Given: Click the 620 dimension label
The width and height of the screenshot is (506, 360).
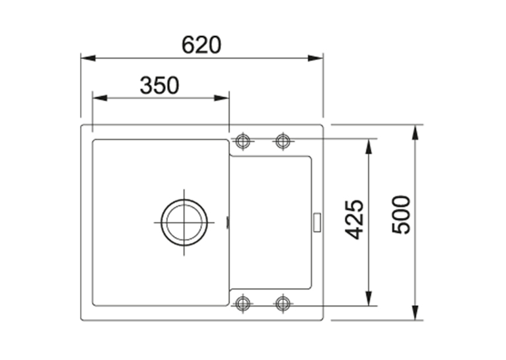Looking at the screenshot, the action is click(201, 45).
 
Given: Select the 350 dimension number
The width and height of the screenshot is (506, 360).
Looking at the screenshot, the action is click(159, 85).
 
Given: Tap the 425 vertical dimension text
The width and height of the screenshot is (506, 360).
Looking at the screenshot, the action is click(354, 220).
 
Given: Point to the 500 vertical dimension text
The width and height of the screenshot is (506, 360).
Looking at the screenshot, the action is click(401, 214).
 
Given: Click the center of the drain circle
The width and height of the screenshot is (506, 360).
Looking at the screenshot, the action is click(184, 223).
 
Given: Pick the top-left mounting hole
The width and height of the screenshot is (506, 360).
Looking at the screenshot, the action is click(243, 141).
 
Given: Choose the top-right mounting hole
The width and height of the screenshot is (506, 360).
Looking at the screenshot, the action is click(283, 141).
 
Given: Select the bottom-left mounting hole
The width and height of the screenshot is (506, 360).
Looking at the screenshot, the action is click(242, 303).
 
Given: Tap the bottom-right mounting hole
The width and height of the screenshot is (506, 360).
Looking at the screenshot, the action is click(283, 303).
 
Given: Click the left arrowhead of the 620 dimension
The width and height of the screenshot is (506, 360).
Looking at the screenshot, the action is click(88, 58).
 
